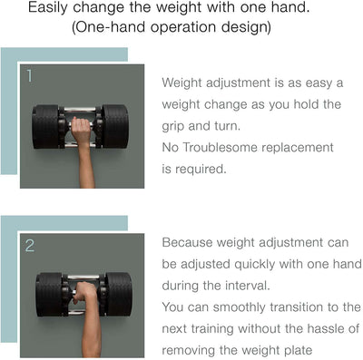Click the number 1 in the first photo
click(29, 76)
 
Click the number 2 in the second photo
click(30, 246)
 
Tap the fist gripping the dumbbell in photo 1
click(81, 128)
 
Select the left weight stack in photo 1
click(46, 127)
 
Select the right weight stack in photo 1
click(115, 126)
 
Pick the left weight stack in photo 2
click(49, 295)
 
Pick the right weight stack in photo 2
click(119, 294)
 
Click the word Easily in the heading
click(48, 7)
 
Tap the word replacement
click(298, 148)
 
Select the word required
click(201, 170)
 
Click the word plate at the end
click(298, 351)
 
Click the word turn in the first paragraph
click(228, 126)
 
